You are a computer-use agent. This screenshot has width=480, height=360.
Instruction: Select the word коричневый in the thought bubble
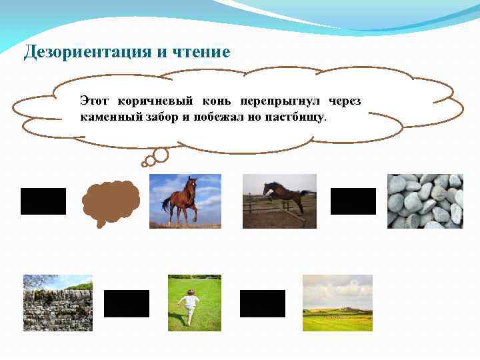[155, 101]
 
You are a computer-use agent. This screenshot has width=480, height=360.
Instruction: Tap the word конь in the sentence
[217, 101]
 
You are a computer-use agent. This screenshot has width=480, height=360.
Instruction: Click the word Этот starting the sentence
[93, 101]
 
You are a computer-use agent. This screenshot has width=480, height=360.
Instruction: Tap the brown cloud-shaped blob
[110, 200]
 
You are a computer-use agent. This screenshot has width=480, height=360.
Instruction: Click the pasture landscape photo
[337, 303]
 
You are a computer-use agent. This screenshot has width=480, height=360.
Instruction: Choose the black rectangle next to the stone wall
[127, 304]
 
